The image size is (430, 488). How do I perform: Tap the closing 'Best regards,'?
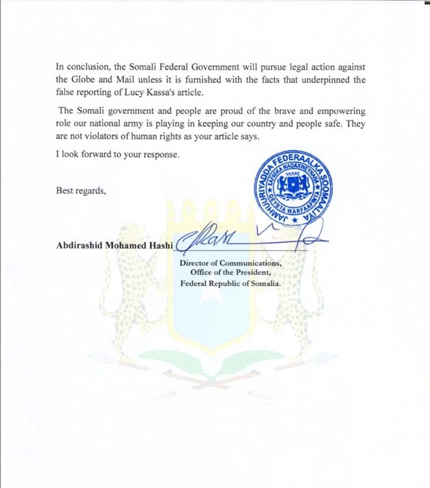tap(81, 191)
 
